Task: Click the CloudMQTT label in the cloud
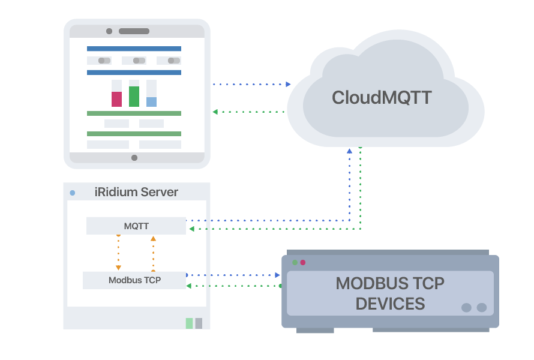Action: (x=382, y=98)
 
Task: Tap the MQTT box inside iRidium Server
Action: (x=136, y=226)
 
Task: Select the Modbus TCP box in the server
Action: (x=134, y=280)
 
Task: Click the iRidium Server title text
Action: (x=136, y=193)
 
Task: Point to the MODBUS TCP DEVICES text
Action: (x=390, y=293)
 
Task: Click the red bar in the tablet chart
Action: (x=116, y=99)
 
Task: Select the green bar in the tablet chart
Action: (x=134, y=97)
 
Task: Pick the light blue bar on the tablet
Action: (x=151, y=102)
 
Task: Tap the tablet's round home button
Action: (x=134, y=158)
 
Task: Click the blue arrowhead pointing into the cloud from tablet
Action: (x=288, y=85)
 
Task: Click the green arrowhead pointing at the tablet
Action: (x=215, y=112)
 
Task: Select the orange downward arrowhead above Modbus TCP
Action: (x=118, y=268)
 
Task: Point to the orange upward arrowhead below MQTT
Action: (x=153, y=239)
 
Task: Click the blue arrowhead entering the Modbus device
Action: (x=277, y=275)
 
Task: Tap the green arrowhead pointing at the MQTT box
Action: (x=191, y=229)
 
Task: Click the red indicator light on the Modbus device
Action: (x=303, y=262)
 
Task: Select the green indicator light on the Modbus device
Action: (x=295, y=262)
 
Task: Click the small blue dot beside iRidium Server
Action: (x=73, y=193)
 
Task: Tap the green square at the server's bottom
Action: (x=190, y=323)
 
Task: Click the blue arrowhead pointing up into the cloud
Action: (x=349, y=151)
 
